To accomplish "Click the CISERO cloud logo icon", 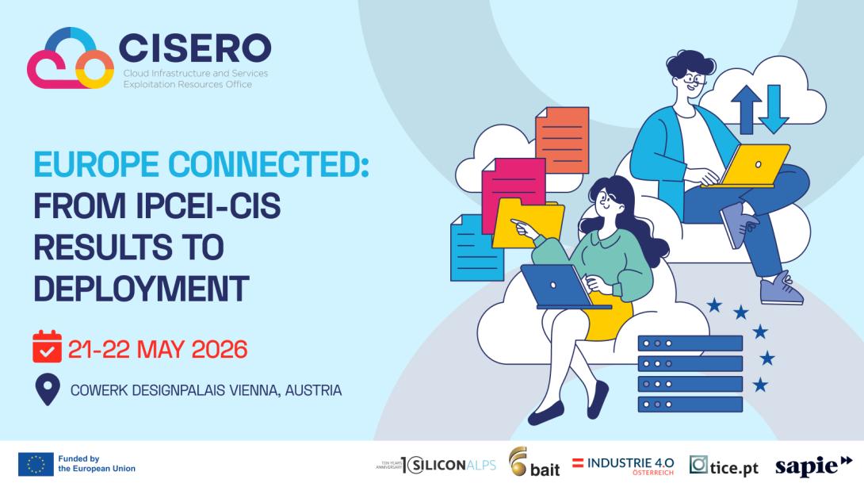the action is coord(70,59).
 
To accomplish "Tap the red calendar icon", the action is coord(47,347).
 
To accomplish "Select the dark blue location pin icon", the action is coord(48,389).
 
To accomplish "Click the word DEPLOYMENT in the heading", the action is coord(142,289).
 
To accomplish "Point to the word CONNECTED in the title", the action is coord(269,164).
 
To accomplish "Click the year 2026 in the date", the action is coord(220,350).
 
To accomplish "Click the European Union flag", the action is coord(36,464).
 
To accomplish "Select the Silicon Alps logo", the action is coord(436,465).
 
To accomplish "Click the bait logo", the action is coord(534,462).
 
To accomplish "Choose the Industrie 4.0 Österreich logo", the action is coord(623,466).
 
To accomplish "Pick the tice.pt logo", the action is coord(724,466).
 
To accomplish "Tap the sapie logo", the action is coord(813,466).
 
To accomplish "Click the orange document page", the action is coord(562,140).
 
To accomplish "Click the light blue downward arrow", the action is coord(774,109).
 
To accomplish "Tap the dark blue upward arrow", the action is coord(747,109).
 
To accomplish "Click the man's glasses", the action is coord(695,81).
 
